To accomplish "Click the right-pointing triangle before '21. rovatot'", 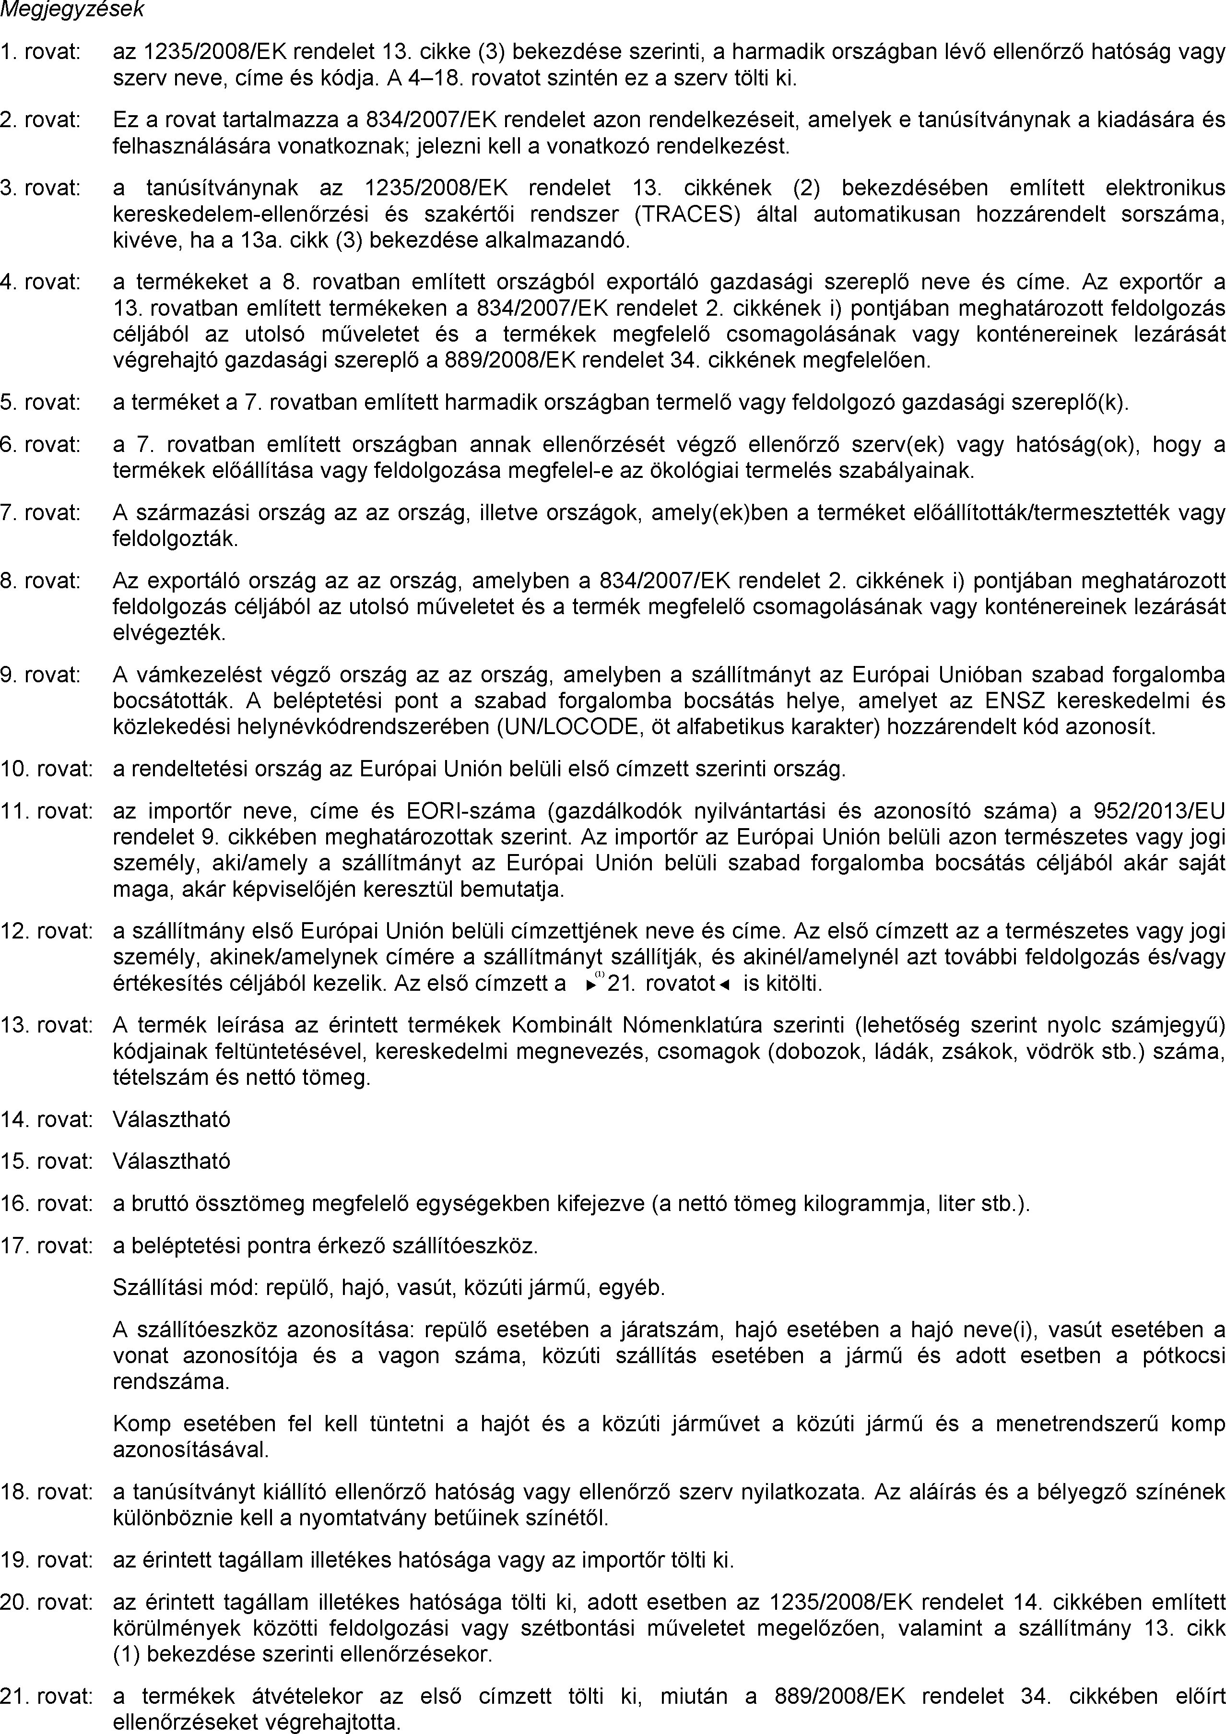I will pos(590,985).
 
